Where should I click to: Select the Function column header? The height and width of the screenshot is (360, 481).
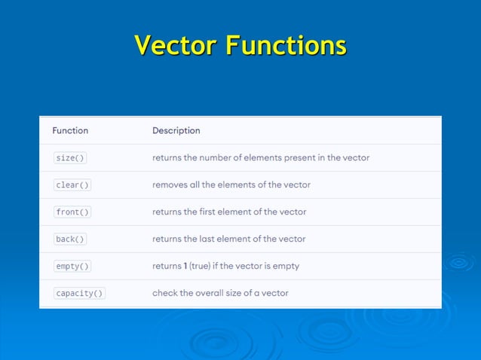[x=70, y=130]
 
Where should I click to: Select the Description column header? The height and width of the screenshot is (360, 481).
[x=176, y=130]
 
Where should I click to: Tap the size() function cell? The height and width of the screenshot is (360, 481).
[x=70, y=158]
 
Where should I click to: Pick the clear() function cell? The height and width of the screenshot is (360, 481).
[x=72, y=185]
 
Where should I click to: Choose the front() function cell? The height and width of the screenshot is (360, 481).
[x=72, y=212]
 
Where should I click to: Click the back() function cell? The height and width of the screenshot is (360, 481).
[x=70, y=239]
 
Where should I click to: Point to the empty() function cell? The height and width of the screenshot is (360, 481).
[x=72, y=267]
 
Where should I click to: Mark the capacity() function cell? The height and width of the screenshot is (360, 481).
[x=79, y=294]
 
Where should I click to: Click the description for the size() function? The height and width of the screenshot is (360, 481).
[x=261, y=158]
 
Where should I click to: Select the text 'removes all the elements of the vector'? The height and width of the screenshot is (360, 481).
[x=231, y=185]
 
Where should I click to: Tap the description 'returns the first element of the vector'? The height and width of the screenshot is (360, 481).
[x=229, y=212]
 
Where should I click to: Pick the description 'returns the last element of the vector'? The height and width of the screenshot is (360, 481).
[x=229, y=239]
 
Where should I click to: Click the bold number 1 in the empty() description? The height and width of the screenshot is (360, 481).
[x=185, y=267]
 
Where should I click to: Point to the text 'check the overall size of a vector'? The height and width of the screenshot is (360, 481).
[x=220, y=293]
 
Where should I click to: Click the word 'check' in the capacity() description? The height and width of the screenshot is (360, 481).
[x=165, y=293]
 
